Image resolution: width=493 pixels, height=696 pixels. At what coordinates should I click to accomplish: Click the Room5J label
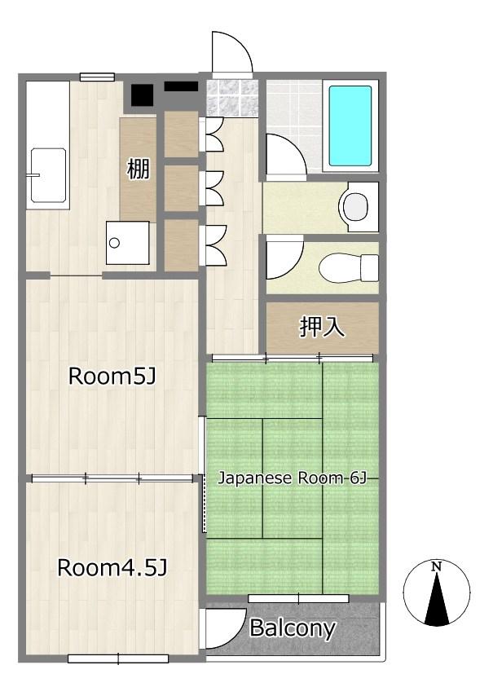[x=112, y=377]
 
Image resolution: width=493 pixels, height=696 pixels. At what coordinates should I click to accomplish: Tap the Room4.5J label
[x=112, y=568]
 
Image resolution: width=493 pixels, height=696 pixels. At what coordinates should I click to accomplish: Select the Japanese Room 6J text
[x=293, y=478]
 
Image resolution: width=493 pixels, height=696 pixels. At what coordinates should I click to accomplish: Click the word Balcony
[x=293, y=628]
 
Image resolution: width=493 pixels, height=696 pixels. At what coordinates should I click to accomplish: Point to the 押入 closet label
[x=322, y=327]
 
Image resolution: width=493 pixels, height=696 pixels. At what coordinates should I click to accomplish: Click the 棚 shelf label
[x=139, y=169]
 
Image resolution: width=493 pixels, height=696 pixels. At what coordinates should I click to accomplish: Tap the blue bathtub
[x=350, y=126]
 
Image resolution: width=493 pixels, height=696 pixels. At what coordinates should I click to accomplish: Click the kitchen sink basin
[x=48, y=175]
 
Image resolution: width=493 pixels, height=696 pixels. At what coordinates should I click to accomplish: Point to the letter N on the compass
[x=437, y=566]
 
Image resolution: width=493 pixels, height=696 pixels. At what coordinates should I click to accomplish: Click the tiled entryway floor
[x=232, y=98]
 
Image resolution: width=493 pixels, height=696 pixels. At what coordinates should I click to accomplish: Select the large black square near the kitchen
[x=142, y=95]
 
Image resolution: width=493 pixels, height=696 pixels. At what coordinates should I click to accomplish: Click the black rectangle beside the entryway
[x=181, y=86]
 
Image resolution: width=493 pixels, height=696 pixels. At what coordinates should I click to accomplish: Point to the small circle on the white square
[x=114, y=243]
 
